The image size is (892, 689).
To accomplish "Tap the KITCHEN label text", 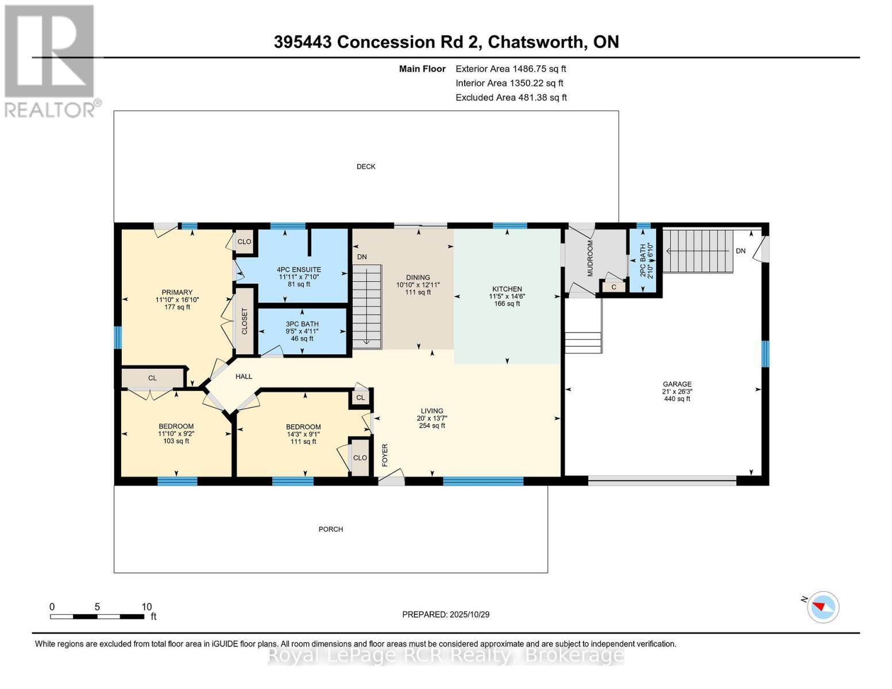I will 507,289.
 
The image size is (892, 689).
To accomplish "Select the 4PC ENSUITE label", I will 298,269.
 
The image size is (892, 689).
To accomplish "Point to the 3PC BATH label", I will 302,324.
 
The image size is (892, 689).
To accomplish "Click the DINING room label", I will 418,277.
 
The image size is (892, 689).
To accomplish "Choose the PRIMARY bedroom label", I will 177,292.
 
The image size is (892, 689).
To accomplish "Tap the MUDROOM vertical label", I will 590,258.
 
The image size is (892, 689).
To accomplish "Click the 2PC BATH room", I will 643,260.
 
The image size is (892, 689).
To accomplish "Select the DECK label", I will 366,167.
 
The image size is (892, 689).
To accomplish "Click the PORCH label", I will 331,529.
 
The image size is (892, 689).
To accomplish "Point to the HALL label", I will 244,377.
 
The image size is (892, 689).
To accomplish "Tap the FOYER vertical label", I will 385,454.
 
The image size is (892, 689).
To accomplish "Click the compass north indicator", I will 823,606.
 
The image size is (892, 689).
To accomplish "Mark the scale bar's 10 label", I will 146,606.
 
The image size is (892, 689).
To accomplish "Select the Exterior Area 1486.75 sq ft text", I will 511,68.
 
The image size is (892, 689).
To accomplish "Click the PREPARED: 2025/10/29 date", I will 446,614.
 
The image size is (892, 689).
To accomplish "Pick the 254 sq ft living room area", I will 432,425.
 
